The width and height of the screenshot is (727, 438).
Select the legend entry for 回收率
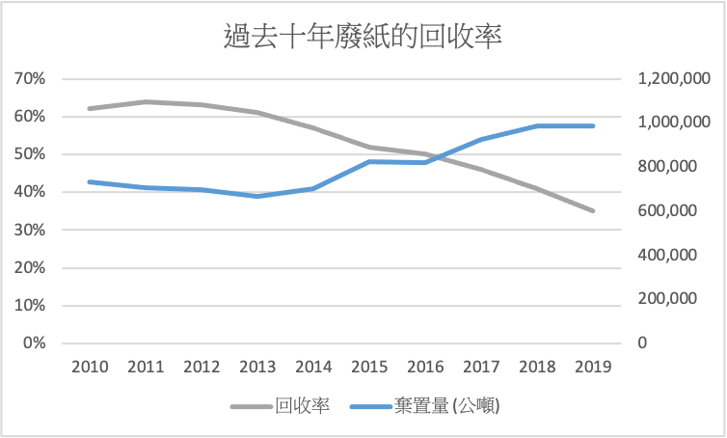point(303,406)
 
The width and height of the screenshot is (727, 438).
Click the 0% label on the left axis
point(34,343)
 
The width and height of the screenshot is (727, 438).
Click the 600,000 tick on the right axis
point(671,211)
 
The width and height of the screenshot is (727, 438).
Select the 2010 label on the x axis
point(89,367)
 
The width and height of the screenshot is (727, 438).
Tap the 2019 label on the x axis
point(594,367)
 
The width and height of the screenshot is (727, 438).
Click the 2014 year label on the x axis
point(313,367)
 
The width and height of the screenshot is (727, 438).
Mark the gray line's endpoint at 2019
point(594,210)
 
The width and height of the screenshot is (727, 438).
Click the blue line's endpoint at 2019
point(594,126)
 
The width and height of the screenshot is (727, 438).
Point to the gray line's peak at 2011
point(145,101)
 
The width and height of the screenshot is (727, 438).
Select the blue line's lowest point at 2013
point(257,196)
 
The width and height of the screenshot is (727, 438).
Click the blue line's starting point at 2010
point(89,181)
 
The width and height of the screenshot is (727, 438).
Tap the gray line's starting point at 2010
point(89,108)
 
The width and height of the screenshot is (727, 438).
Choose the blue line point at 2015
point(369,161)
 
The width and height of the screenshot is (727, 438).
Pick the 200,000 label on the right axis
point(671,299)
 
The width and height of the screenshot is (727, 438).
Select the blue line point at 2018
point(538,126)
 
